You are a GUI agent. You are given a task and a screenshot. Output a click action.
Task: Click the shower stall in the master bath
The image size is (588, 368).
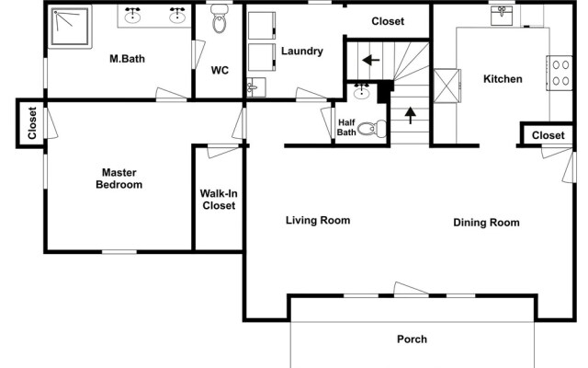[70, 27]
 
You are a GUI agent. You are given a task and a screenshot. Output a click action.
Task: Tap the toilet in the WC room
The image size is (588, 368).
[220, 18]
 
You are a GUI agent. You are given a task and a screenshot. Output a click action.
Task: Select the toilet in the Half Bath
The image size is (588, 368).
[371, 129]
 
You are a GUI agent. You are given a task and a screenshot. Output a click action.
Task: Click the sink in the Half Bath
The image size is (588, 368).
[361, 91]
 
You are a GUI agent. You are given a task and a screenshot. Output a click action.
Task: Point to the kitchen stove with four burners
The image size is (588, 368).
[560, 73]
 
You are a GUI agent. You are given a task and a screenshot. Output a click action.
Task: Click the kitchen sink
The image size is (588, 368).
[502, 16]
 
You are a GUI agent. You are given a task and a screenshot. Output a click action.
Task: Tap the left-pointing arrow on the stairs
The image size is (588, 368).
[371, 60]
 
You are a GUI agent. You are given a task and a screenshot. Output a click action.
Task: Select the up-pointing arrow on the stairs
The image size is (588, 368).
[411, 115]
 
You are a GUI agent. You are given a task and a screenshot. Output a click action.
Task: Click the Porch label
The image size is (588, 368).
[412, 339]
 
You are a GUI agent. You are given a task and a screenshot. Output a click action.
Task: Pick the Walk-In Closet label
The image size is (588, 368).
[219, 200]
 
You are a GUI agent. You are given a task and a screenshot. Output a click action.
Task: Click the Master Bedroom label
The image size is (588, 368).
[119, 178]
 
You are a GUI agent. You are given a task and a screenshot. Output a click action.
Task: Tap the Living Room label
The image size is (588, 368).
[318, 220]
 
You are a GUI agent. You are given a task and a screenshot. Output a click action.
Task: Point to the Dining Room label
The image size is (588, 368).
[486, 223]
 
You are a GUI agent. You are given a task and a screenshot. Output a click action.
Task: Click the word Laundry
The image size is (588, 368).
[302, 52]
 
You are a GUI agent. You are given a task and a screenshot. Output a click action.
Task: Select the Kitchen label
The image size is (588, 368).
[503, 79]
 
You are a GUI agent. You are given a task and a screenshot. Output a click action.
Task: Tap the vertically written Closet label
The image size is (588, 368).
[32, 122]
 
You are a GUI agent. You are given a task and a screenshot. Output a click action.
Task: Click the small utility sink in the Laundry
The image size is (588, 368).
[256, 87]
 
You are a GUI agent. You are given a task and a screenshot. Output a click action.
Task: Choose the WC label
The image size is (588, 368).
[220, 70]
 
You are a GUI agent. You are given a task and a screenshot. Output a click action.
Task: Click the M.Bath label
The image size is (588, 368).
[127, 59]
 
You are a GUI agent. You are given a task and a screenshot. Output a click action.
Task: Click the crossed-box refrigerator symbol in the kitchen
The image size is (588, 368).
[447, 86]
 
